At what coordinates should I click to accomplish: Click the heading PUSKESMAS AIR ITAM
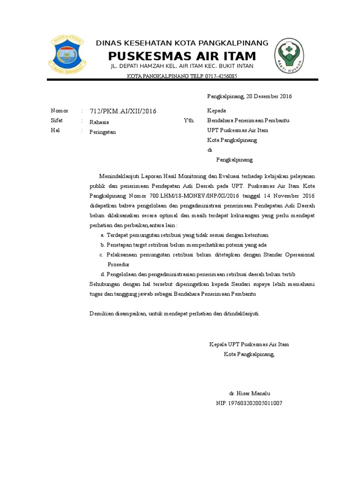(182, 56)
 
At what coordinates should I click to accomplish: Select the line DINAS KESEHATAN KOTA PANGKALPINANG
(182, 43)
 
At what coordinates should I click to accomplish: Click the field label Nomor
(60, 111)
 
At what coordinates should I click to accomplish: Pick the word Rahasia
(99, 122)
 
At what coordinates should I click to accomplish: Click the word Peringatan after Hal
(103, 132)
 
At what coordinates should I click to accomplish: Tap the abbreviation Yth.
(189, 120)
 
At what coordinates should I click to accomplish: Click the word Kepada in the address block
(217, 111)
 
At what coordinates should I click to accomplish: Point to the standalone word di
(210, 150)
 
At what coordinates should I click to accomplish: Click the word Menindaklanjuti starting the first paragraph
(120, 176)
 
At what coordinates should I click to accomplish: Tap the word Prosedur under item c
(119, 264)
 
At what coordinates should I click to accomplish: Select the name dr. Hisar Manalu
(249, 393)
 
